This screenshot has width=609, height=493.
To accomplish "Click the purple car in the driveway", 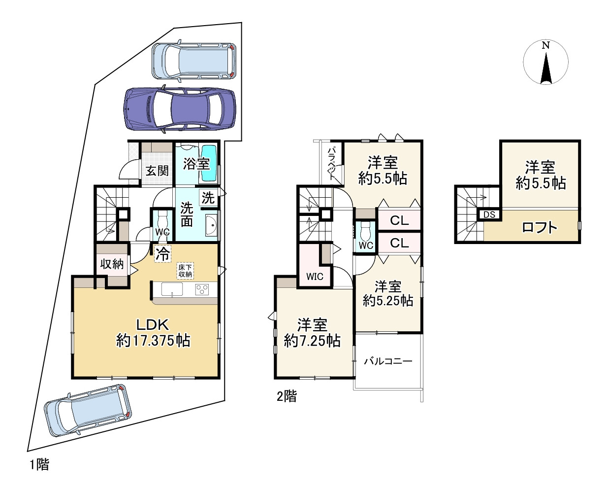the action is pyautogui.click(x=180, y=109).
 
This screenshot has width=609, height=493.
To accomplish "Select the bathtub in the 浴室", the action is pyautogui.click(x=210, y=163).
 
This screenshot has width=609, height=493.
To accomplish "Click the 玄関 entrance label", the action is pyautogui.click(x=157, y=171).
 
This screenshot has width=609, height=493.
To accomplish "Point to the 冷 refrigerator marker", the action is pyautogui.click(x=162, y=254).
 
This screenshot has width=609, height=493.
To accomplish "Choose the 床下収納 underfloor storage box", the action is pyautogui.click(x=185, y=271).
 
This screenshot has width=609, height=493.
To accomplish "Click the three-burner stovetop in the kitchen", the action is pyautogui.click(x=202, y=289).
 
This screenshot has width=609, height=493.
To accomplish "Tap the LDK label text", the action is pyautogui.click(x=153, y=325).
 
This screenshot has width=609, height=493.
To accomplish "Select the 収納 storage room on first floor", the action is pyautogui.click(x=112, y=264).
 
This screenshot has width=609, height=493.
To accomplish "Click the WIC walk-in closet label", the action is pyautogui.click(x=315, y=277).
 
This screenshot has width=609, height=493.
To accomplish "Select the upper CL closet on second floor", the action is pyautogui.click(x=399, y=220).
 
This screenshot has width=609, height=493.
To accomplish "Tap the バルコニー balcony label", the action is pyautogui.click(x=388, y=361).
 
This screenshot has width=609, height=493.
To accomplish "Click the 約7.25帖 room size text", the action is pyautogui.click(x=312, y=341).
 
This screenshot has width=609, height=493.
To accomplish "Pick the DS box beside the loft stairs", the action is pyautogui.click(x=489, y=214).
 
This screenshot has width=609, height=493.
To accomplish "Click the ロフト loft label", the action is pyautogui.click(x=540, y=228).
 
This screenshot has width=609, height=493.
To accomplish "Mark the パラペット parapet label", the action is pyautogui.click(x=332, y=163).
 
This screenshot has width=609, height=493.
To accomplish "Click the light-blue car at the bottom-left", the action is pyautogui.click(x=88, y=410).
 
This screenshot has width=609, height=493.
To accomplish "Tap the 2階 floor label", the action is pyautogui.click(x=287, y=397).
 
